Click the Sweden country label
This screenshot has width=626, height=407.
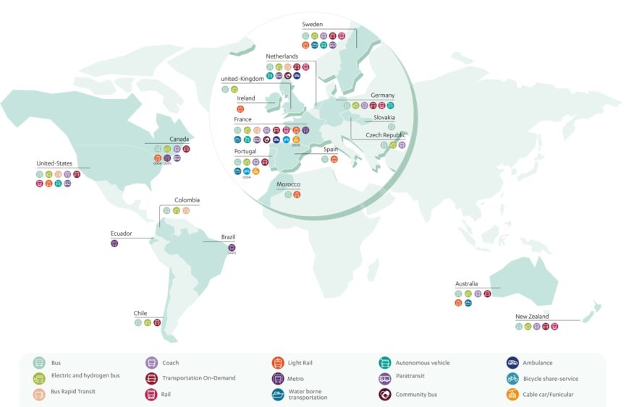312,25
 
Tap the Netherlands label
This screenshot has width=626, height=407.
282,56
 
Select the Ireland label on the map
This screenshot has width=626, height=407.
246,98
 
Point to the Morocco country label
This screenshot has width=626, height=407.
288,184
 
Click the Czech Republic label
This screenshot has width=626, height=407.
386,135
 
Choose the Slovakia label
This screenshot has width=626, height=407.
384,117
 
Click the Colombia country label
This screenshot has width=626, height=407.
187,200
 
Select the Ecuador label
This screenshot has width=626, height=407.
121,234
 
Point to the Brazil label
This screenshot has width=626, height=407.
228,237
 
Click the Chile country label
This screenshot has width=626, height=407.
140,313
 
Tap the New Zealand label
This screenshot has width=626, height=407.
532,317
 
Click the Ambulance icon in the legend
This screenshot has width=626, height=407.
512,362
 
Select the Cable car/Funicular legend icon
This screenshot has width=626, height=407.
512,394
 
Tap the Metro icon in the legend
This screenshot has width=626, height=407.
277,378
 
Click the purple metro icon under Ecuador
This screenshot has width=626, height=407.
114,244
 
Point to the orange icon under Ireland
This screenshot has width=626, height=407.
240,108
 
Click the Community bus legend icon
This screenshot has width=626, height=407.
384,394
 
